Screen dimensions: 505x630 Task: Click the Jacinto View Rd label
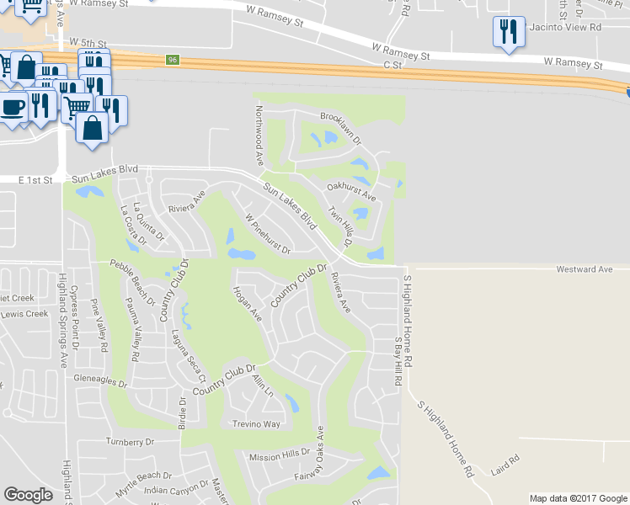point(564,27)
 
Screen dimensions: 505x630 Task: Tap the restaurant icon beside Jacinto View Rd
point(509,32)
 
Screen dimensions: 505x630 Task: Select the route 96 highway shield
point(173,60)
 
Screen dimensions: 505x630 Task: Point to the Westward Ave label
point(584,269)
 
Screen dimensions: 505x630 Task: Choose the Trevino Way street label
point(256,424)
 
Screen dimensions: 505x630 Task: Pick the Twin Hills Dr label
point(340,226)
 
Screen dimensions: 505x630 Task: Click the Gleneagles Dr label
point(99,382)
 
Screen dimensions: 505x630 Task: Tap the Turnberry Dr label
point(131,442)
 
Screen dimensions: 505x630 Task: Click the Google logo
point(28,495)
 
